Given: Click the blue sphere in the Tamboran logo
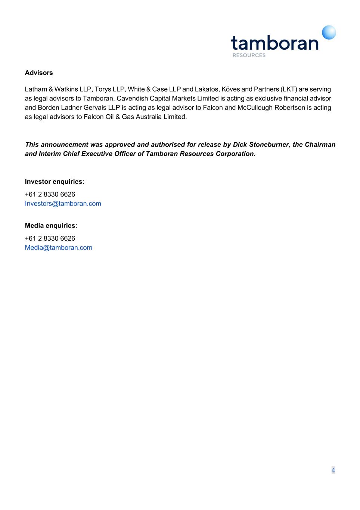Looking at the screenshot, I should [329, 33].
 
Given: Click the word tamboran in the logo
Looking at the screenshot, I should [275, 43].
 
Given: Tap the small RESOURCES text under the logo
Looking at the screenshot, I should [249, 55].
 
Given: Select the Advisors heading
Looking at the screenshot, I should [39, 73].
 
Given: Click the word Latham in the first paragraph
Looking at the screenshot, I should [36, 89].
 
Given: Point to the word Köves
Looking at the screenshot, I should [230, 89].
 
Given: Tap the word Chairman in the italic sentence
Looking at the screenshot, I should [320, 145].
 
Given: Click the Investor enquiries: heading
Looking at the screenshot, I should [55, 182].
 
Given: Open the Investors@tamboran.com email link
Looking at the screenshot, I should [63, 204].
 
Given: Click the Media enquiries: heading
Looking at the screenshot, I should [51, 226].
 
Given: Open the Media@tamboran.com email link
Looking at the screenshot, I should [58, 248].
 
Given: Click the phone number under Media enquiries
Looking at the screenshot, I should [50, 238].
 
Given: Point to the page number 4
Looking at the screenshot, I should [333, 470].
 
